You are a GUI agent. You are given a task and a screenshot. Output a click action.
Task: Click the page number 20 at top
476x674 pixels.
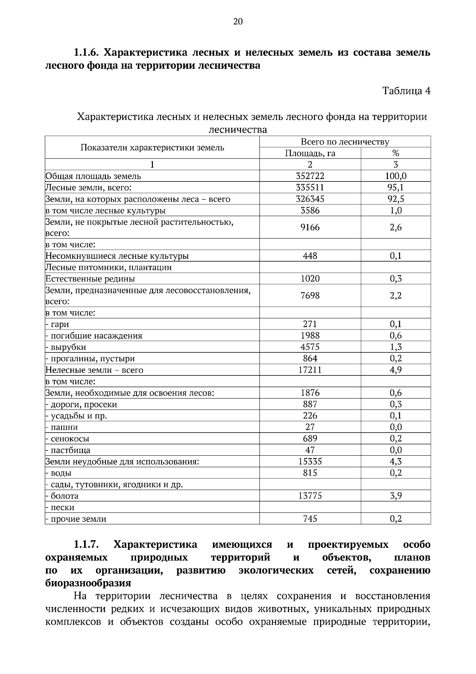point(238,22)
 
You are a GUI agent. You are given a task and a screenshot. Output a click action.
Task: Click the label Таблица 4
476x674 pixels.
point(406,91)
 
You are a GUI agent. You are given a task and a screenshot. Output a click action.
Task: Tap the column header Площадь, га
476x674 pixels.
point(310,153)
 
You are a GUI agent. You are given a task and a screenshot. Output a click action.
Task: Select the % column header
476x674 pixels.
point(395,153)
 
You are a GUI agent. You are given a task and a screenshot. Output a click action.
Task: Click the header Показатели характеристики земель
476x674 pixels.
point(152,148)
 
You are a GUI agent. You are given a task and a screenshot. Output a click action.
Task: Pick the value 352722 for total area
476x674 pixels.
point(310,176)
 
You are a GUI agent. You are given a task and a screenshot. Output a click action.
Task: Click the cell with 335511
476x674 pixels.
point(310,187)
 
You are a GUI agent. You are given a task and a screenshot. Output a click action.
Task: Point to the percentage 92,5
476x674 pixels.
point(395,199)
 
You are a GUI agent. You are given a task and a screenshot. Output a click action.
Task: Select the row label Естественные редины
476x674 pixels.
point(90,279)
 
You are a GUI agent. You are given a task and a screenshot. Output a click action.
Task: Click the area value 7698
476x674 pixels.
point(310,295)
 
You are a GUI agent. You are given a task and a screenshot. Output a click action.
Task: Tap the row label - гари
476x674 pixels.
point(58,324)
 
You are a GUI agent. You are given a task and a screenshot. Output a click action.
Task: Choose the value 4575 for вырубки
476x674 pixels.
point(310,347)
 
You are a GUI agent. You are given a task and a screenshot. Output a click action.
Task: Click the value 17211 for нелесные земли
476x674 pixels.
point(310,370)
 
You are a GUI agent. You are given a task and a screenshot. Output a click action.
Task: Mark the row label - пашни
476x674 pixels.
point(62,428)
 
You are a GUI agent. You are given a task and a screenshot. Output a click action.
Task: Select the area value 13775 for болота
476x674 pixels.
point(310,496)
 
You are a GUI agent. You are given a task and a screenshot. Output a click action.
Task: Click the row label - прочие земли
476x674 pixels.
point(76,519)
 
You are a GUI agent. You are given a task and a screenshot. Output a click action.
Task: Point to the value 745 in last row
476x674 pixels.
point(310,519)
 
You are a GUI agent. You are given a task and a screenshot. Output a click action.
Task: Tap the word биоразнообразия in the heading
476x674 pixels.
point(88,583)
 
